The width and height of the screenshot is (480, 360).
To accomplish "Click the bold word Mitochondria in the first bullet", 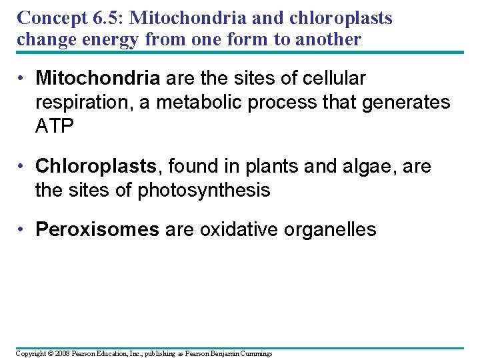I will click(x=97, y=79).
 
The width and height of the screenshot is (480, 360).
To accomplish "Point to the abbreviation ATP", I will click(x=54, y=125).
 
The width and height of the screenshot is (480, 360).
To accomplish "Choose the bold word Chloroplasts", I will click(x=94, y=166).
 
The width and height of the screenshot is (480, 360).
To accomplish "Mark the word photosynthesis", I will click(x=203, y=191).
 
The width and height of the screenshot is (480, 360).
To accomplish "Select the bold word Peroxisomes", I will click(x=97, y=230).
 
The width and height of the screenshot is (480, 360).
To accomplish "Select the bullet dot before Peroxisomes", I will click(x=22, y=230).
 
